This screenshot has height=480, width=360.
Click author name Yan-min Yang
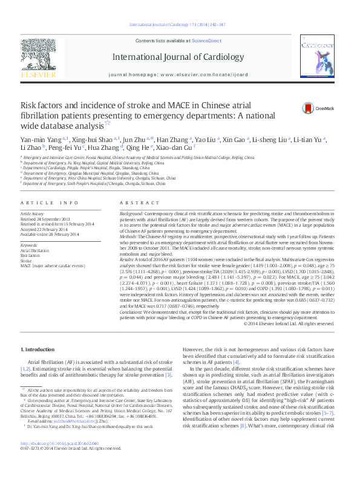40,140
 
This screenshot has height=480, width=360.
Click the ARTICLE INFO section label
44,203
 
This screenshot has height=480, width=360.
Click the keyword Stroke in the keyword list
27,260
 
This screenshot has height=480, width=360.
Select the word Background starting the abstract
131,215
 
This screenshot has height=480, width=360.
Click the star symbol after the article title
108,123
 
